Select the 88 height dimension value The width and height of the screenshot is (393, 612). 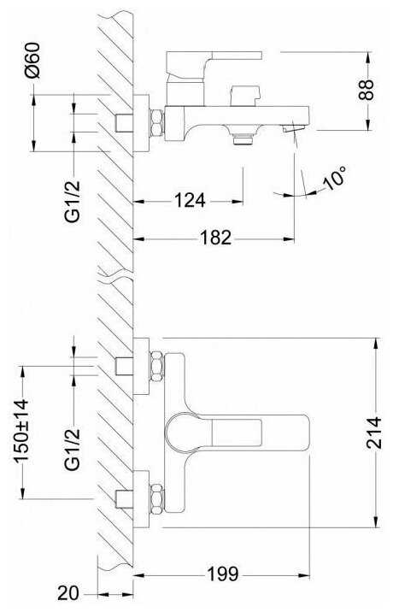(x=366, y=90)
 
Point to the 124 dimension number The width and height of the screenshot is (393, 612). (x=190, y=201)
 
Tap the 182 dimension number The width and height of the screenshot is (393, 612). (x=216, y=238)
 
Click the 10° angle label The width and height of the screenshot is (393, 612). (x=335, y=178)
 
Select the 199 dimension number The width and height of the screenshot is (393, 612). (x=222, y=574)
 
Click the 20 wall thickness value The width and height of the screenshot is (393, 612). (x=68, y=593)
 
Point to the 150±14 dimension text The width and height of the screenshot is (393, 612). (x=21, y=431)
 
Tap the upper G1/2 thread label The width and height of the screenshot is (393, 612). (x=73, y=202)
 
